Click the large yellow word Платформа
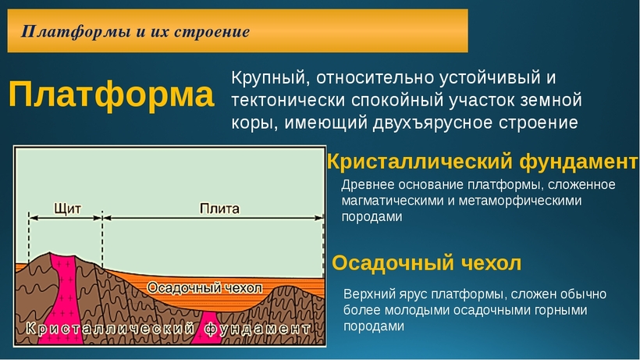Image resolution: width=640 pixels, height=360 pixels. click(x=111, y=94)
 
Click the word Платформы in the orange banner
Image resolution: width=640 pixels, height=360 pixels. click(x=75, y=31)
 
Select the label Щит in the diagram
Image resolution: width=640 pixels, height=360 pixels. click(x=67, y=209)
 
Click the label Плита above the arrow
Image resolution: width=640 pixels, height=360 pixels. click(x=219, y=209)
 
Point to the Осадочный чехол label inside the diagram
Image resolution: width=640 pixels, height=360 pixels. click(x=205, y=287)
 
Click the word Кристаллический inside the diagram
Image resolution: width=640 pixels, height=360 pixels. click(x=109, y=328)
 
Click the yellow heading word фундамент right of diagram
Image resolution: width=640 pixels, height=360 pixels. click(x=578, y=162)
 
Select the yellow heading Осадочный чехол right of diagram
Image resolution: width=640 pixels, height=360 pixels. click(x=426, y=263)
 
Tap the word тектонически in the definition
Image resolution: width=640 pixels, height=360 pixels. click(x=288, y=101)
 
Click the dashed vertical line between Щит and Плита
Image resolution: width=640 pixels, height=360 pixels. click(x=102, y=240)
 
